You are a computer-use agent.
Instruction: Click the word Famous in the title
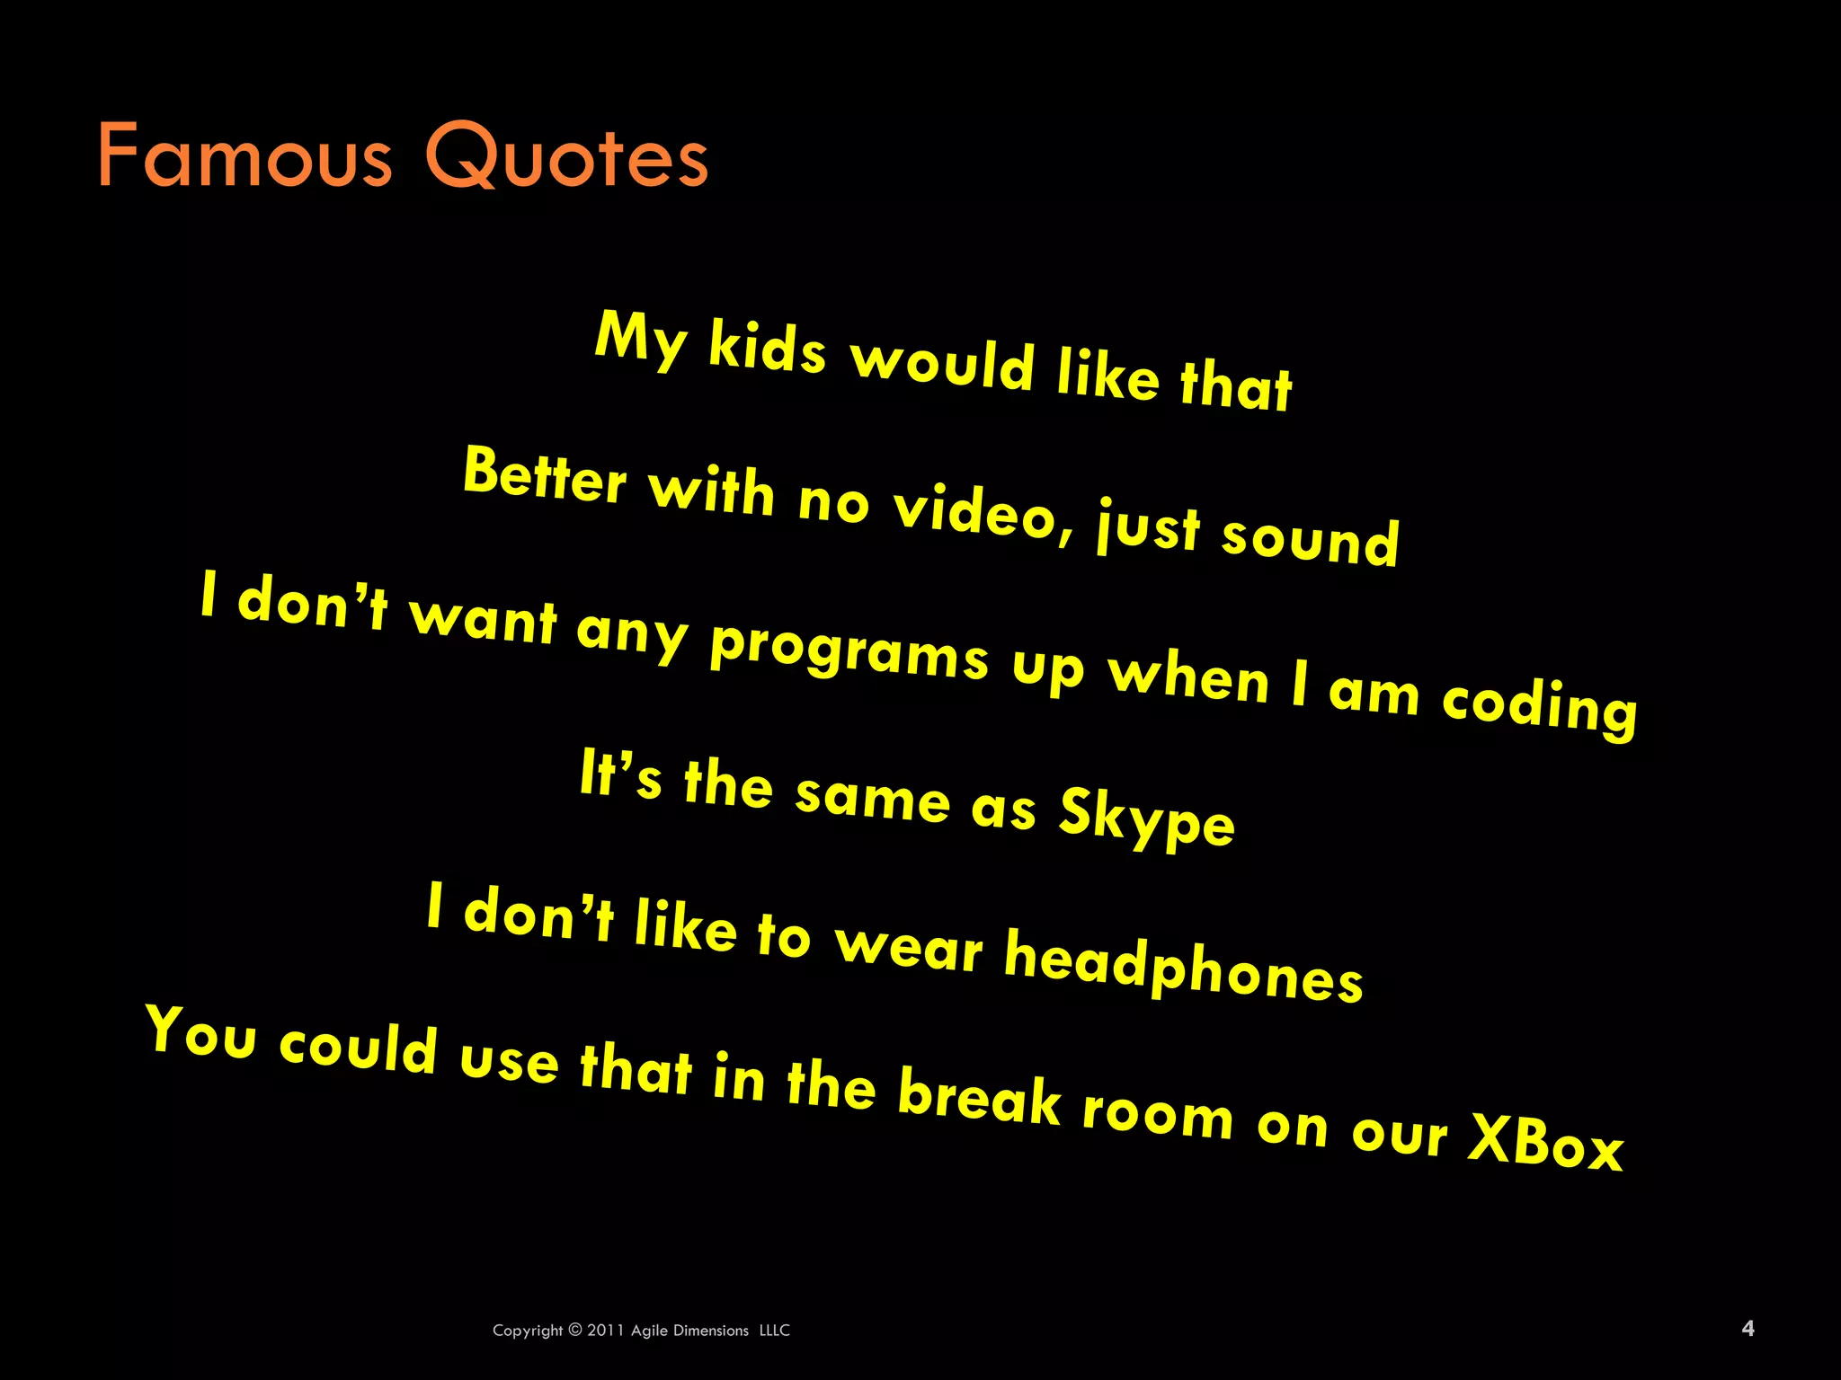tap(245, 156)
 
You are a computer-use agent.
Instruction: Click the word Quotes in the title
tap(566, 156)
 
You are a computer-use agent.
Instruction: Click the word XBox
tap(1545, 1141)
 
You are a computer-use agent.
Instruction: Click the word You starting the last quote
tap(201, 1033)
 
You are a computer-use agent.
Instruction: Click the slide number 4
tap(1748, 1328)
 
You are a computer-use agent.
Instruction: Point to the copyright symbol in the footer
tap(575, 1330)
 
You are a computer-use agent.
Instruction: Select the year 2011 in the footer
tap(607, 1331)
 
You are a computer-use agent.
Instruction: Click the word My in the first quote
tap(641, 336)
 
